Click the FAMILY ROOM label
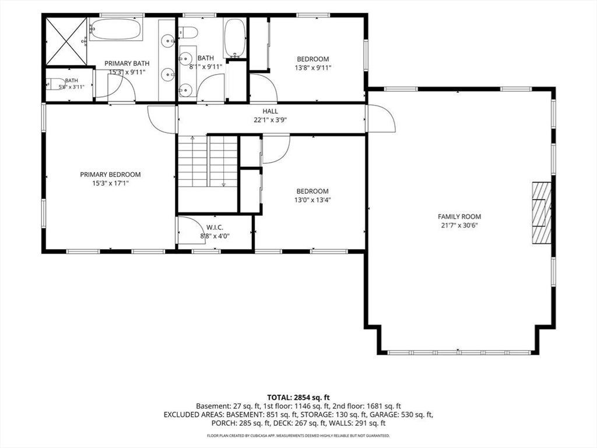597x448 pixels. [x=459, y=216]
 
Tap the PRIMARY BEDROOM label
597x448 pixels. [x=110, y=174]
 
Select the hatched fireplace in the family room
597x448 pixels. [x=542, y=213]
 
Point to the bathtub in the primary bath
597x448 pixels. [x=116, y=29]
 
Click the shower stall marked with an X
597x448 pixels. [x=66, y=41]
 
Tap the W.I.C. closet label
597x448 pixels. [x=215, y=228]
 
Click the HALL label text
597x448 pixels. [x=271, y=111]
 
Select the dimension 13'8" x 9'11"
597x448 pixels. [x=313, y=68]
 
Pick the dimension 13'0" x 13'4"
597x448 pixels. [x=312, y=200]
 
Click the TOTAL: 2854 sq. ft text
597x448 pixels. [x=298, y=398]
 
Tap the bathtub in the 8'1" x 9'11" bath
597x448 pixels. [x=234, y=38]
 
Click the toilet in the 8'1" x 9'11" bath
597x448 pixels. [x=188, y=33]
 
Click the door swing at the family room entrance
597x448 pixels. [x=381, y=118]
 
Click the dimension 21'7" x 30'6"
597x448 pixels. [x=459, y=225]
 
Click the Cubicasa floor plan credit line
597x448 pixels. [x=298, y=435]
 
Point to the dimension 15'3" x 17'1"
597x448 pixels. [x=110, y=183]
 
